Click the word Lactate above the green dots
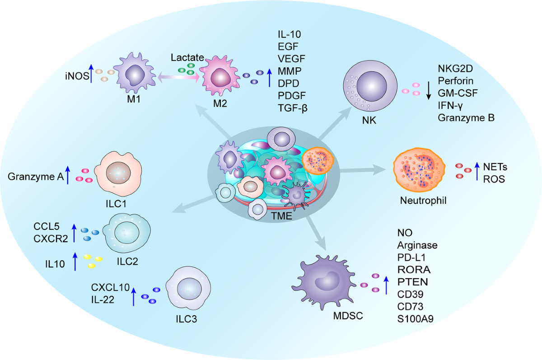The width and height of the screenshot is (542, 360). tap(187, 57)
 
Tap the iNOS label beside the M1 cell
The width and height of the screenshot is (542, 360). tap(77, 76)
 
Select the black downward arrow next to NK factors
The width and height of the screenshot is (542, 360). tap(429, 91)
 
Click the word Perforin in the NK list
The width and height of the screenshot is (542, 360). tap(456, 81)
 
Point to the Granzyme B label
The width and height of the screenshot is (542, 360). tap(466, 118)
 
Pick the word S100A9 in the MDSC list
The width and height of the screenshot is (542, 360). tap(415, 319)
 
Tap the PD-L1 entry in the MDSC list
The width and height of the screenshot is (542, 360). tap(411, 257)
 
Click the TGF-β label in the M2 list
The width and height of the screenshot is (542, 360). tap(293, 108)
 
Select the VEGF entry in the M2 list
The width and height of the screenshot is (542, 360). tap(291, 59)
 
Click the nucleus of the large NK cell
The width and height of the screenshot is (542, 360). tap(372, 86)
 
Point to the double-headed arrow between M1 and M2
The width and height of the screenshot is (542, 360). tap(178, 77)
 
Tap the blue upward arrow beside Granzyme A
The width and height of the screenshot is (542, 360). tap(68, 175)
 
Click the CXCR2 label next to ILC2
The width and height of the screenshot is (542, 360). tap(51, 239)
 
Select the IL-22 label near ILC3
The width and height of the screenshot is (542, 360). tap(103, 300)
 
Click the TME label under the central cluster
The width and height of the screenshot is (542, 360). tap(281, 216)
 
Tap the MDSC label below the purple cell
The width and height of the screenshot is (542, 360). tap(348, 316)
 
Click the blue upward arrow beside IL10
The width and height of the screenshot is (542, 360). tap(75, 261)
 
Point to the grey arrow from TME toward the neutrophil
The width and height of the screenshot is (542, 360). tap(363, 170)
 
